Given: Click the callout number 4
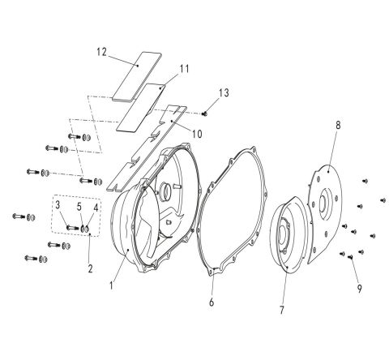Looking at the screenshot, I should [x=96, y=208].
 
